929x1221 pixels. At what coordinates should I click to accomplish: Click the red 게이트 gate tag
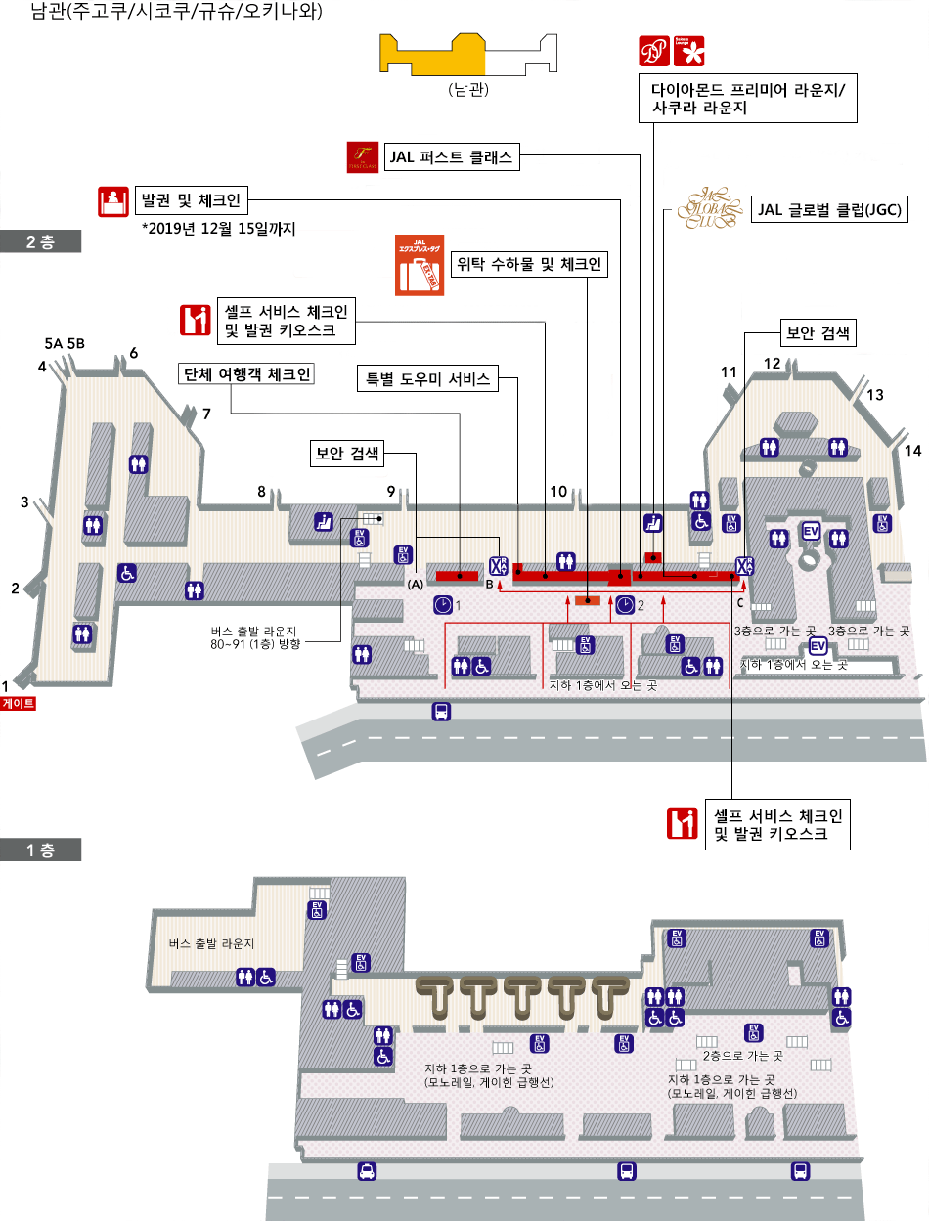(18, 702)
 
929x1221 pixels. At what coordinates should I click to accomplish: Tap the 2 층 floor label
(40, 242)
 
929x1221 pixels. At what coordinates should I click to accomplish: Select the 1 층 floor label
(40, 850)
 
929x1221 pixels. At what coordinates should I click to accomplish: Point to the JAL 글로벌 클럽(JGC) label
(827, 209)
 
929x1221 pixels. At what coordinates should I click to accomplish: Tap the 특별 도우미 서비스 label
(427, 378)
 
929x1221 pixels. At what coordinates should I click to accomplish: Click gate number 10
(558, 492)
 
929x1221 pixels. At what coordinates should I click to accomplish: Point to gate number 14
(913, 451)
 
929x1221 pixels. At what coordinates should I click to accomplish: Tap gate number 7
(206, 414)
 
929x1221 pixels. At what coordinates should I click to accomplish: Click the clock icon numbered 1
(444, 605)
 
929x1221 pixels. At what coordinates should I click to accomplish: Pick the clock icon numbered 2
(625, 605)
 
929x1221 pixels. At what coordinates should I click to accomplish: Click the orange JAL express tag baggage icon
(419, 264)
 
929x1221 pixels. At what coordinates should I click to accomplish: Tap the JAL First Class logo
(363, 157)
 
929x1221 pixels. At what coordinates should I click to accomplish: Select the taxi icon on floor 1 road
(366, 1171)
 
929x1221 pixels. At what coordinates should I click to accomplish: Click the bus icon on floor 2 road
(441, 711)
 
